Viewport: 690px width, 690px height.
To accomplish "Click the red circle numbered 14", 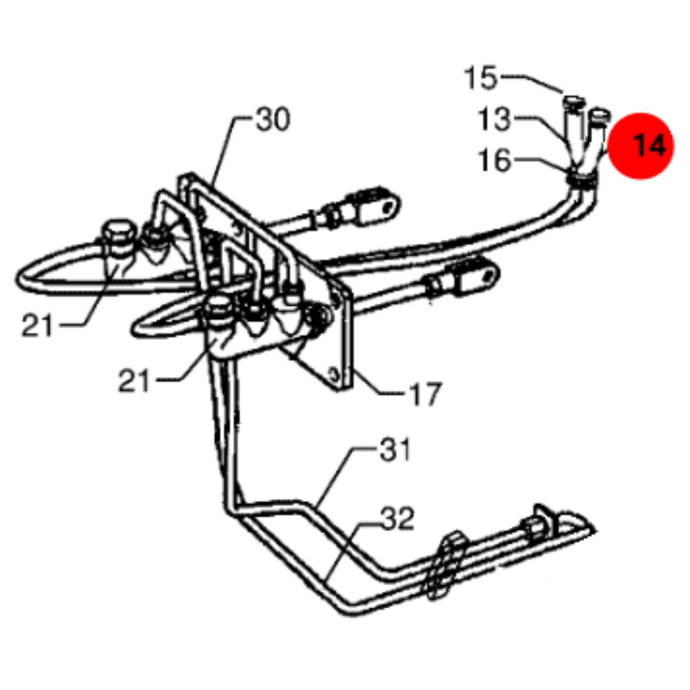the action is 641,146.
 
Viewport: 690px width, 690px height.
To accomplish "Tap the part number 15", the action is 480,77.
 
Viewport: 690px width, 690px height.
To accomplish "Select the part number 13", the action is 494,119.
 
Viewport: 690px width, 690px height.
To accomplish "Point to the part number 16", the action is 495,160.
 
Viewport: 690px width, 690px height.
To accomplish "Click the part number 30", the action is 273,119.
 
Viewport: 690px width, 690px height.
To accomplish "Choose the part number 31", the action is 395,449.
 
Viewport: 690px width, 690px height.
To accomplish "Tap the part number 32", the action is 397,518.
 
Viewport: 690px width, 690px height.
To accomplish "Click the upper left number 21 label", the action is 37,325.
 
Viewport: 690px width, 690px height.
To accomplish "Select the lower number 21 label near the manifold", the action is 134,380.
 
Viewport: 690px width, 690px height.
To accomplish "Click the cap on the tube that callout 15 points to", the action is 573,101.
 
